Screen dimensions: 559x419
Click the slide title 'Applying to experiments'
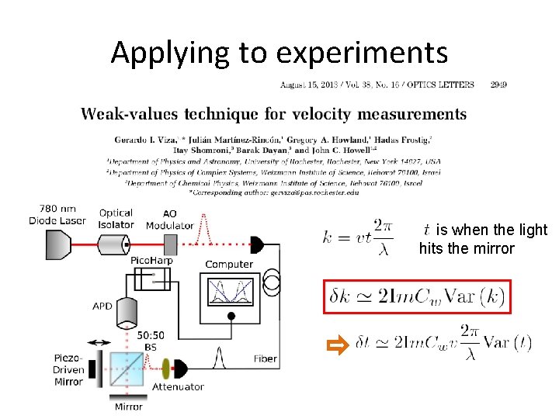[x=279, y=53]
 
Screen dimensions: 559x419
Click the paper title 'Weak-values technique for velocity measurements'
[x=274, y=114]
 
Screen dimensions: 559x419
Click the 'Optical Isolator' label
[x=116, y=219]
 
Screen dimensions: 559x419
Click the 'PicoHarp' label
[x=151, y=261]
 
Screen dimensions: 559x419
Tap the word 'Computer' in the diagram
[x=229, y=265]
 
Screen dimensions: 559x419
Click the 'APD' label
[x=102, y=306]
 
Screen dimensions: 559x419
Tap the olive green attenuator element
[x=165, y=369]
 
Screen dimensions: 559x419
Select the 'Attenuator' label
[x=179, y=386]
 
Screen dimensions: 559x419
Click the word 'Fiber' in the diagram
[x=265, y=358]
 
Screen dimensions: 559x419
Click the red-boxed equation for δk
[x=416, y=296]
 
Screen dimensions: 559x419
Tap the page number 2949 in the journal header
[x=498, y=84]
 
